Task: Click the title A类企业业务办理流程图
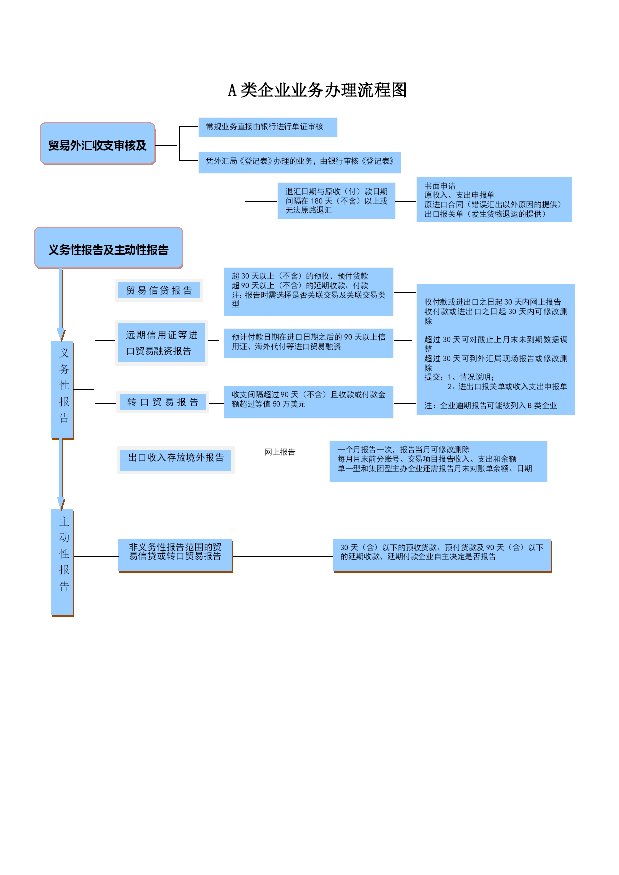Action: (317, 90)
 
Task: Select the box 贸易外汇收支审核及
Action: (98, 144)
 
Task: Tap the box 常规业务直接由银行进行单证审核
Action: (268, 127)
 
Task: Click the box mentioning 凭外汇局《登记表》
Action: (299, 162)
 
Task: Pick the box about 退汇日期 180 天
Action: (336, 201)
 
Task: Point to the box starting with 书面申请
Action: (494, 200)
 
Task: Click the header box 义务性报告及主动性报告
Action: (109, 248)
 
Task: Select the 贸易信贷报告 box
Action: (159, 290)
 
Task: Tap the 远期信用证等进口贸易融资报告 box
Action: (162, 342)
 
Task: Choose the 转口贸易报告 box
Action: (163, 402)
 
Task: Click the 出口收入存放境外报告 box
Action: (176, 459)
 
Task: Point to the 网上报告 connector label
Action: (280, 452)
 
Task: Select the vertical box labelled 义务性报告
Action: (63, 390)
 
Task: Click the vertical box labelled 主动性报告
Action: (63, 563)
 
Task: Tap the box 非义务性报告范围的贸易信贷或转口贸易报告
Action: (176, 556)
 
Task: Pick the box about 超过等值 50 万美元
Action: (309, 402)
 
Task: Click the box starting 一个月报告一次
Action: (438, 461)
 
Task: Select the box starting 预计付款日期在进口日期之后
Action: (309, 343)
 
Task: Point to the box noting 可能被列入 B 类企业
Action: (496, 349)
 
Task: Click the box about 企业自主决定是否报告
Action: (442, 555)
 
